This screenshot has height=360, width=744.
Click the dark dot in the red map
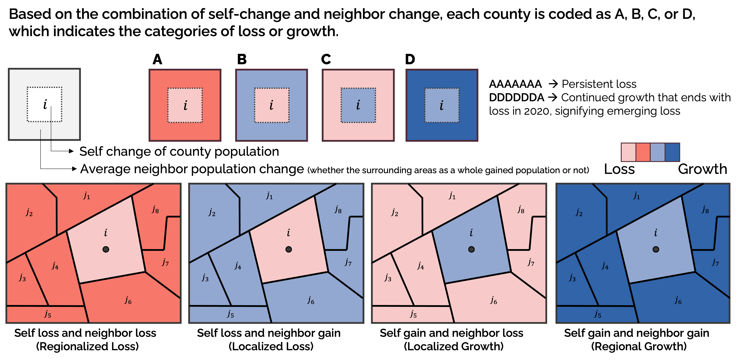(x=106, y=249)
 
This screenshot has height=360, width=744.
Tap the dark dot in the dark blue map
(x=656, y=249)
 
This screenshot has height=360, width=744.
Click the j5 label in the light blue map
(x=230, y=314)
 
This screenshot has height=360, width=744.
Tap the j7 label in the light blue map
(x=348, y=262)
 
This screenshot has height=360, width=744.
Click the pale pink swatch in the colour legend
(x=628, y=152)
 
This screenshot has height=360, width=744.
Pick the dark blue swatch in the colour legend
(x=672, y=152)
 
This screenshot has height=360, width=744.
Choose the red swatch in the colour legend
(x=643, y=152)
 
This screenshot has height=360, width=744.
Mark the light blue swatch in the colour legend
(x=658, y=152)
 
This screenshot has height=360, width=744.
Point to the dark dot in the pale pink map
(x=471, y=249)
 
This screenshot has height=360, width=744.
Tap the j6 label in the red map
(x=128, y=300)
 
